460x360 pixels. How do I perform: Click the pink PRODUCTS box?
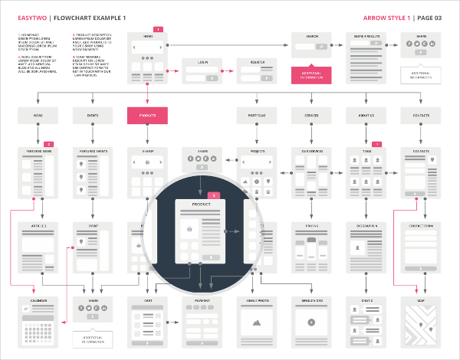coord(147,115)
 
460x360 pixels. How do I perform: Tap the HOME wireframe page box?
coord(147,57)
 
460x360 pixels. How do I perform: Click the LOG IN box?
coord(202,74)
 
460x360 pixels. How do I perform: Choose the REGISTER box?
coord(258,74)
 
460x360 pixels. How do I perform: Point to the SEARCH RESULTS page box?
coord(366,57)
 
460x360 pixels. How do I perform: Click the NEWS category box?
coord(38,115)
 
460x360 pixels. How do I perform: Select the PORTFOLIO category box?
coord(257,115)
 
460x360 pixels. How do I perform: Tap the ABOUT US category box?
coord(366,115)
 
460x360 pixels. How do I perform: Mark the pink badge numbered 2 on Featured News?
coord(48,143)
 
